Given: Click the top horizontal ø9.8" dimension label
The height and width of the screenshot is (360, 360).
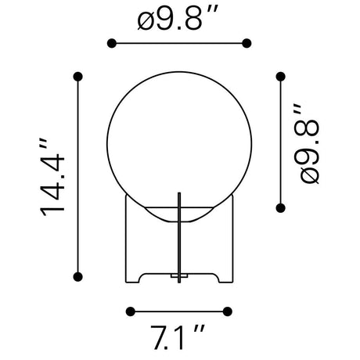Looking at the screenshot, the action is point(177,18).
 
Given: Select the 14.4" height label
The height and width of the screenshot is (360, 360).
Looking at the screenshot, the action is point(52,177).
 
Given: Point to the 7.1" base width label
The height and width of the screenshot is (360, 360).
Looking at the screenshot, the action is point(178,337).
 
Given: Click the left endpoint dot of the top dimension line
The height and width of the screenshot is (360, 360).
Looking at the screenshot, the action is point(112,43).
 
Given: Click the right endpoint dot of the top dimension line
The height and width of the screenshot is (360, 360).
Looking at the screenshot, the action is point(247,43).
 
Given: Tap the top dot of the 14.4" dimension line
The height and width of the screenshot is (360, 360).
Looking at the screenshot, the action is point(78,77).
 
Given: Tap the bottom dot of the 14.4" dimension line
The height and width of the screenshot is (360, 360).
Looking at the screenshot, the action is point(78,277).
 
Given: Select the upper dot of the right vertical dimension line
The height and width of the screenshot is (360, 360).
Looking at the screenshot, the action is point(280,77).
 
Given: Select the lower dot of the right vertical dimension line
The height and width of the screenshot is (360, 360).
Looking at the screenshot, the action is point(280,208).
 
